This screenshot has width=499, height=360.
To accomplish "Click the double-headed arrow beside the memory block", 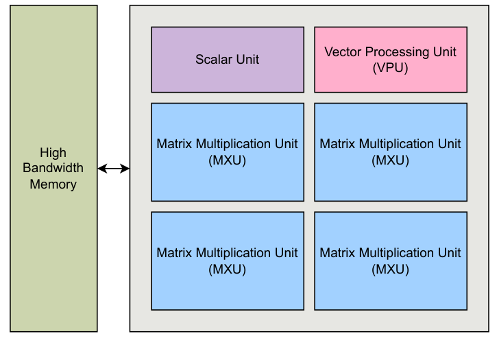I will click(114, 169).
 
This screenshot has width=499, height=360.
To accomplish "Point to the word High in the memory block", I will click(53, 152).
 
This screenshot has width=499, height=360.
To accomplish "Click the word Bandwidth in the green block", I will click(53, 168).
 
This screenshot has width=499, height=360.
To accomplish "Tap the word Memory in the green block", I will click(53, 184).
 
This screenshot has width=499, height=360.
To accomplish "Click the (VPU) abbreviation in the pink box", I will click(390, 68).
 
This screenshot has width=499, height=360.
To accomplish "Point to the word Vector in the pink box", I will click(341, 52).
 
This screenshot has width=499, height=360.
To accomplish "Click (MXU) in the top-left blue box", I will click(227, 160).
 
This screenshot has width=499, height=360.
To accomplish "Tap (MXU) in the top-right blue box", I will click(390, 160).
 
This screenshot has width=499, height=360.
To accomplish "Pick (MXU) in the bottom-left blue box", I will click(227, 269).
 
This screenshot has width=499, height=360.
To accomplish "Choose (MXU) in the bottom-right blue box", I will click(390, 269).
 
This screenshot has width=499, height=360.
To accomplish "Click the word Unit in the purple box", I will click(247, 60).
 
